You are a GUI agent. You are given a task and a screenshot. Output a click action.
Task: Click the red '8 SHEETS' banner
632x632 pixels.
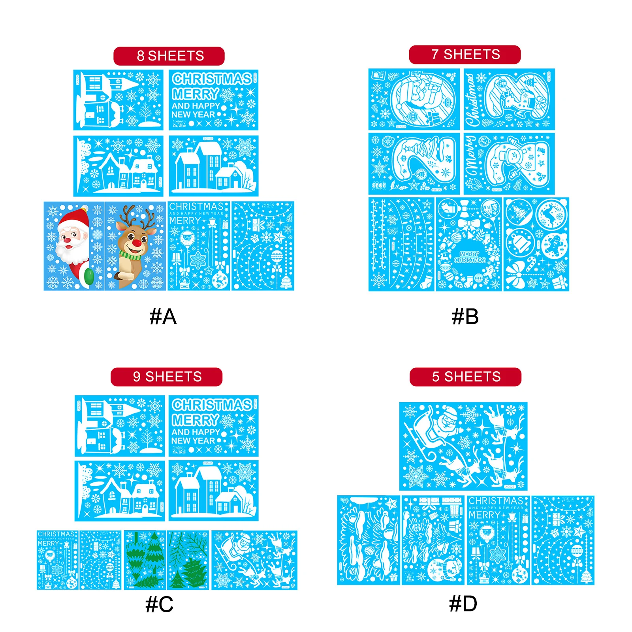point(169,56)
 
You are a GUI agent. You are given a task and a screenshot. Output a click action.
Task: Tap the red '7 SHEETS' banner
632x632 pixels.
point(465,55)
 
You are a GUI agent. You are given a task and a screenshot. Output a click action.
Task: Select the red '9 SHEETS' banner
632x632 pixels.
point(166,376)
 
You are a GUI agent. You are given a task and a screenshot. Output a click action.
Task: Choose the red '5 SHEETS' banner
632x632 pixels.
point(465,376)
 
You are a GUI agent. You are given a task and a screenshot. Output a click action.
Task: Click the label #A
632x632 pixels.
point(163,316)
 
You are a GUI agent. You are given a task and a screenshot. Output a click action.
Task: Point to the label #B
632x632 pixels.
point(465,316)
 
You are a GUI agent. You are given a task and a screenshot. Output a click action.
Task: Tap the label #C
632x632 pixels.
point(159,604)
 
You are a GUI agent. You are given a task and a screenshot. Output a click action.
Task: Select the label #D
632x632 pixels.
point(463,604)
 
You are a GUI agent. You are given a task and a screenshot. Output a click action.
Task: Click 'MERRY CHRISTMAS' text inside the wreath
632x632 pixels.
point(470,257)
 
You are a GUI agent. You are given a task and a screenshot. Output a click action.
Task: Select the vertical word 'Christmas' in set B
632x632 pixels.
point(471,100)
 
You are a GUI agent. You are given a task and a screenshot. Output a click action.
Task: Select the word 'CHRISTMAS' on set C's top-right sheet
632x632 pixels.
point(212,405)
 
